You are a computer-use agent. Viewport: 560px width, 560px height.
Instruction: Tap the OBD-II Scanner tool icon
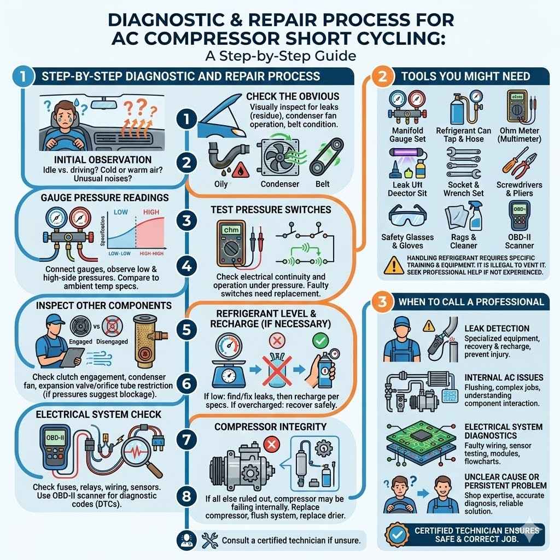pos(518,216)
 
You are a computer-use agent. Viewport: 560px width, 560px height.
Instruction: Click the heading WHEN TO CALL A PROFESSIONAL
pos(471,302)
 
